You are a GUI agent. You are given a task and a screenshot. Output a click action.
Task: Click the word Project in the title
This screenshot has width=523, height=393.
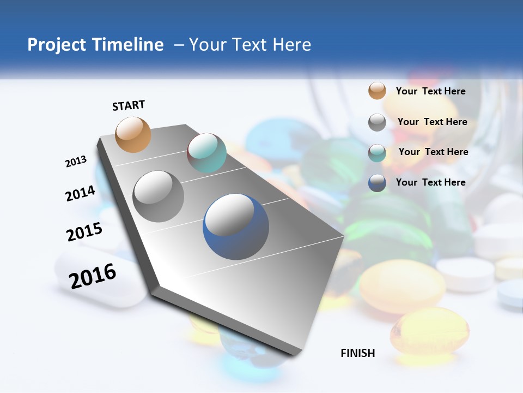(x=56, y=45)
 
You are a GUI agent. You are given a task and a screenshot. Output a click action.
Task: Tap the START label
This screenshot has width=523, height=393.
(x=129, y=105)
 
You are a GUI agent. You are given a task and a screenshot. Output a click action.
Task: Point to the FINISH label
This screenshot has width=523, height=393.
(x=358, y=353)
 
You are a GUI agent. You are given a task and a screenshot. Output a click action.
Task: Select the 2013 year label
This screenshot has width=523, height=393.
(x=76, y=162)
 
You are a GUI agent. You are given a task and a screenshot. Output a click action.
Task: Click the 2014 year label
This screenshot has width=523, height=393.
(x=81, y=193)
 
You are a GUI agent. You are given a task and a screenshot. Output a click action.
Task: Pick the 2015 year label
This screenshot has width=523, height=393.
(x=84, y=232)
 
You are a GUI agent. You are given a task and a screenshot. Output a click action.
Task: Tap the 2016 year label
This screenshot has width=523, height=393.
(x=93, y=276)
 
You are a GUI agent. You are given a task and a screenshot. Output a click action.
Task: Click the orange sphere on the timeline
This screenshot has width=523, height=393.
(x=133, y=134)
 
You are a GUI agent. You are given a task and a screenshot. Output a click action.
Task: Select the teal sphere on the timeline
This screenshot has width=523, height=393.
(x=206, y=153)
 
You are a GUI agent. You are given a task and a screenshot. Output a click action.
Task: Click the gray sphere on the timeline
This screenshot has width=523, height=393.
(x=159, y=196)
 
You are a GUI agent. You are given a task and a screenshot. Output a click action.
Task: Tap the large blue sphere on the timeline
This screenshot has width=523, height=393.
(x=236, y=227)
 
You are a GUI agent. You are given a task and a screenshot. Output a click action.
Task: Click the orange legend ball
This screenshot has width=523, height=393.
(x=377, y=91)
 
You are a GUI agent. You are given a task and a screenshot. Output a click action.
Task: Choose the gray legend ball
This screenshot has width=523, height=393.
(x=377, y=122)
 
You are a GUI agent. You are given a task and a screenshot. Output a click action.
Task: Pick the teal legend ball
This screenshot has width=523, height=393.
(x=377, y=153)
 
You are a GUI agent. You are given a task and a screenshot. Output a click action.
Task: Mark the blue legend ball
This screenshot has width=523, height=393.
(x=377, y=183)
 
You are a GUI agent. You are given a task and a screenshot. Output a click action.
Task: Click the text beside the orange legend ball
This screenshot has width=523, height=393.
(x=430, y=91)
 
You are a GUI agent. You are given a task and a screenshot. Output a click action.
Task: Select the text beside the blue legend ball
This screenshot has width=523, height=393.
(x=430, y=182)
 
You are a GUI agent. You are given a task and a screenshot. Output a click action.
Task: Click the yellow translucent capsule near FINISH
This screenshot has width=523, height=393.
(x=429, y=330)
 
